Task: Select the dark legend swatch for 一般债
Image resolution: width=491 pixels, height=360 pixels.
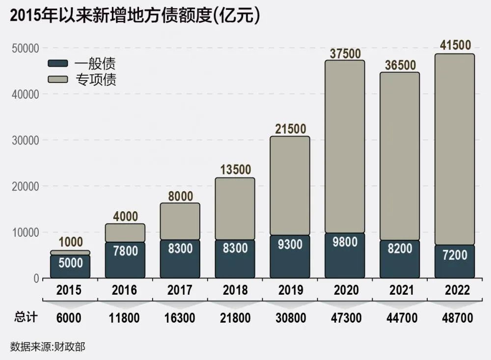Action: pyautogui.click(x=58, y=63)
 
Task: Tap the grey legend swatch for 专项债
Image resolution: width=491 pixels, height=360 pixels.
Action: pyautogui.click(x=58, y=79)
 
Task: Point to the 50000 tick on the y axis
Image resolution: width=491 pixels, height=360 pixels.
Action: pyautogui.click(x=25, y=48)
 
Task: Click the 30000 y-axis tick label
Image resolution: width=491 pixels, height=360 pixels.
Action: pyautogui.click(x=25, y=140)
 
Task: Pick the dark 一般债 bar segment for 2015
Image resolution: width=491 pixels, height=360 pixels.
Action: pyautogui.click(x=70, y=267)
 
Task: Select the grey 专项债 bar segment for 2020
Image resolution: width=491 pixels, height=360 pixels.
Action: pyautogui.click(x=345, y=146)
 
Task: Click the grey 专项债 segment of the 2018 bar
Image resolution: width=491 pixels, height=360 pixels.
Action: pyautogui.click(x=235, y=209)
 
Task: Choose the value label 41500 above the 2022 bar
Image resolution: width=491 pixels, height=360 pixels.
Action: pyautogui.click(x=455, y=46)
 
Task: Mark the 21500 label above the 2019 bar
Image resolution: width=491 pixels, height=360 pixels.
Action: pyautogui.click(x=290, y=129)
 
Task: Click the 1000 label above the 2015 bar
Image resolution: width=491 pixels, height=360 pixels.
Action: pyautogui.click(x=71, y=242)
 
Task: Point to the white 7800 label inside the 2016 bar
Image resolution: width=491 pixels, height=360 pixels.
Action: pyautogui.click(x=125, y=251)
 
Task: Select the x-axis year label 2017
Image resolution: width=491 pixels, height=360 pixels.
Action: pyautogui.click(x=180, y=290)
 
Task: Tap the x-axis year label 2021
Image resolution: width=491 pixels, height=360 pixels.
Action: pyautogui.click(x=400, y=290)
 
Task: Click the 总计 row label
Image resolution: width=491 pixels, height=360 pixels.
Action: pyautogui.click(x=26, y=318)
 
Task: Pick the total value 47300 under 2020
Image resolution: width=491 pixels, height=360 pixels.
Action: pyautogui.click(x=345, y=318)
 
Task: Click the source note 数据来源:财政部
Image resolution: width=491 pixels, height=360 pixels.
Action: pyautogui.click(x=48, y=347)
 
